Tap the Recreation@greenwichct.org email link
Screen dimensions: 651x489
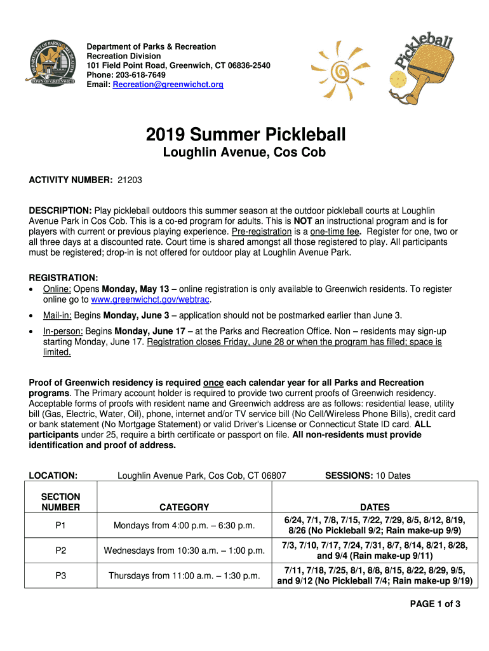pyautogui.click(x=168, y=85)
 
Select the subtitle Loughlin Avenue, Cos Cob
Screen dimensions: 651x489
pyautogui.click(x=245, y=153)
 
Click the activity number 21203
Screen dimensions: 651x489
pyautogui.click(x=130, y=180)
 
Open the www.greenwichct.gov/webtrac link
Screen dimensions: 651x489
pyautogui.click(x=150, y=299)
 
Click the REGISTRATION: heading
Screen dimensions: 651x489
pyautogui.click(x=64, y=278)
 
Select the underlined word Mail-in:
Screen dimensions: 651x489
pyautogui.click(x=58, y=315)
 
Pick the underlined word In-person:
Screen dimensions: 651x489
pyautogui.click(x=63, y=331)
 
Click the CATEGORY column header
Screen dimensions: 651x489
pyautogui.click(x=184, y=507)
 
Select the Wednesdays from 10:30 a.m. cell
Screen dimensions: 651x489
pyautogui.click(x=184, y=551)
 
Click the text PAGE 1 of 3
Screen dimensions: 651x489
pyautogui.click(x=435, y=604)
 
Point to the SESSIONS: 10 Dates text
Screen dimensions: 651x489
pyautogui.click(x=368, y=475)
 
